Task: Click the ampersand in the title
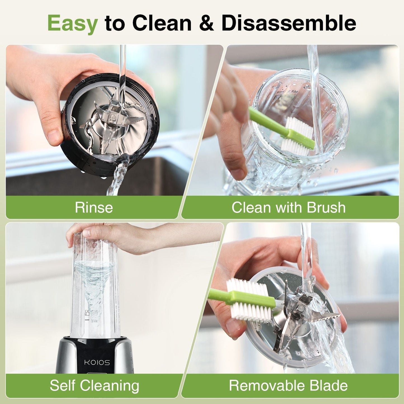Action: click(207, 23)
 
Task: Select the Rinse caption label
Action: click(94, 207)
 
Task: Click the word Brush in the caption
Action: click(326, 207)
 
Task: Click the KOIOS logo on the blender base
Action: click(97, 363)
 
